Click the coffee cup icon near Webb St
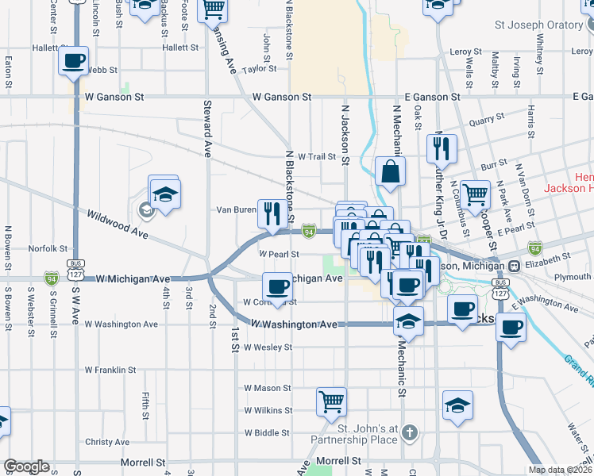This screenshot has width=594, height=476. tap(73, 61)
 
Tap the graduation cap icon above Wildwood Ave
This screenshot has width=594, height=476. tap(164, 194)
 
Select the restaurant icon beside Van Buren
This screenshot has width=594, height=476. tap(272, 213)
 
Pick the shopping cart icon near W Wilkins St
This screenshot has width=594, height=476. tap(330, 401)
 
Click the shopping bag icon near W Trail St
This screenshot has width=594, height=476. tap(391, 171)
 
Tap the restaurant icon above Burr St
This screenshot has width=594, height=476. tap(441, 148)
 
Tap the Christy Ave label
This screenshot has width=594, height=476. tap(106, 442)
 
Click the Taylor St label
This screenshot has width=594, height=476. tap(259, 69)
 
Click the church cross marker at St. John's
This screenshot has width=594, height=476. tap(409, 432)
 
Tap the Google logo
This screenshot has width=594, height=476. tap(26, 466)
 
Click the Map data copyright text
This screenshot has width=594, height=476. tap(561, 470)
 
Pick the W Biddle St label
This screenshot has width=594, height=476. tap(268, 433)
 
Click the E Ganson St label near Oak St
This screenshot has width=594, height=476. tap(432, 97)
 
